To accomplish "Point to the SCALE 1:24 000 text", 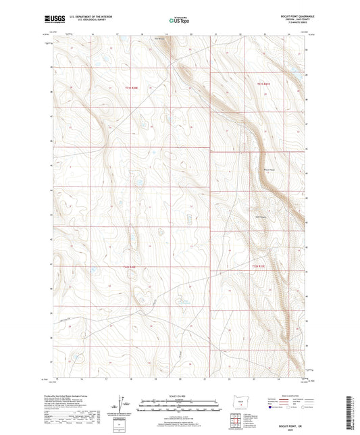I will tap(179, 396).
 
